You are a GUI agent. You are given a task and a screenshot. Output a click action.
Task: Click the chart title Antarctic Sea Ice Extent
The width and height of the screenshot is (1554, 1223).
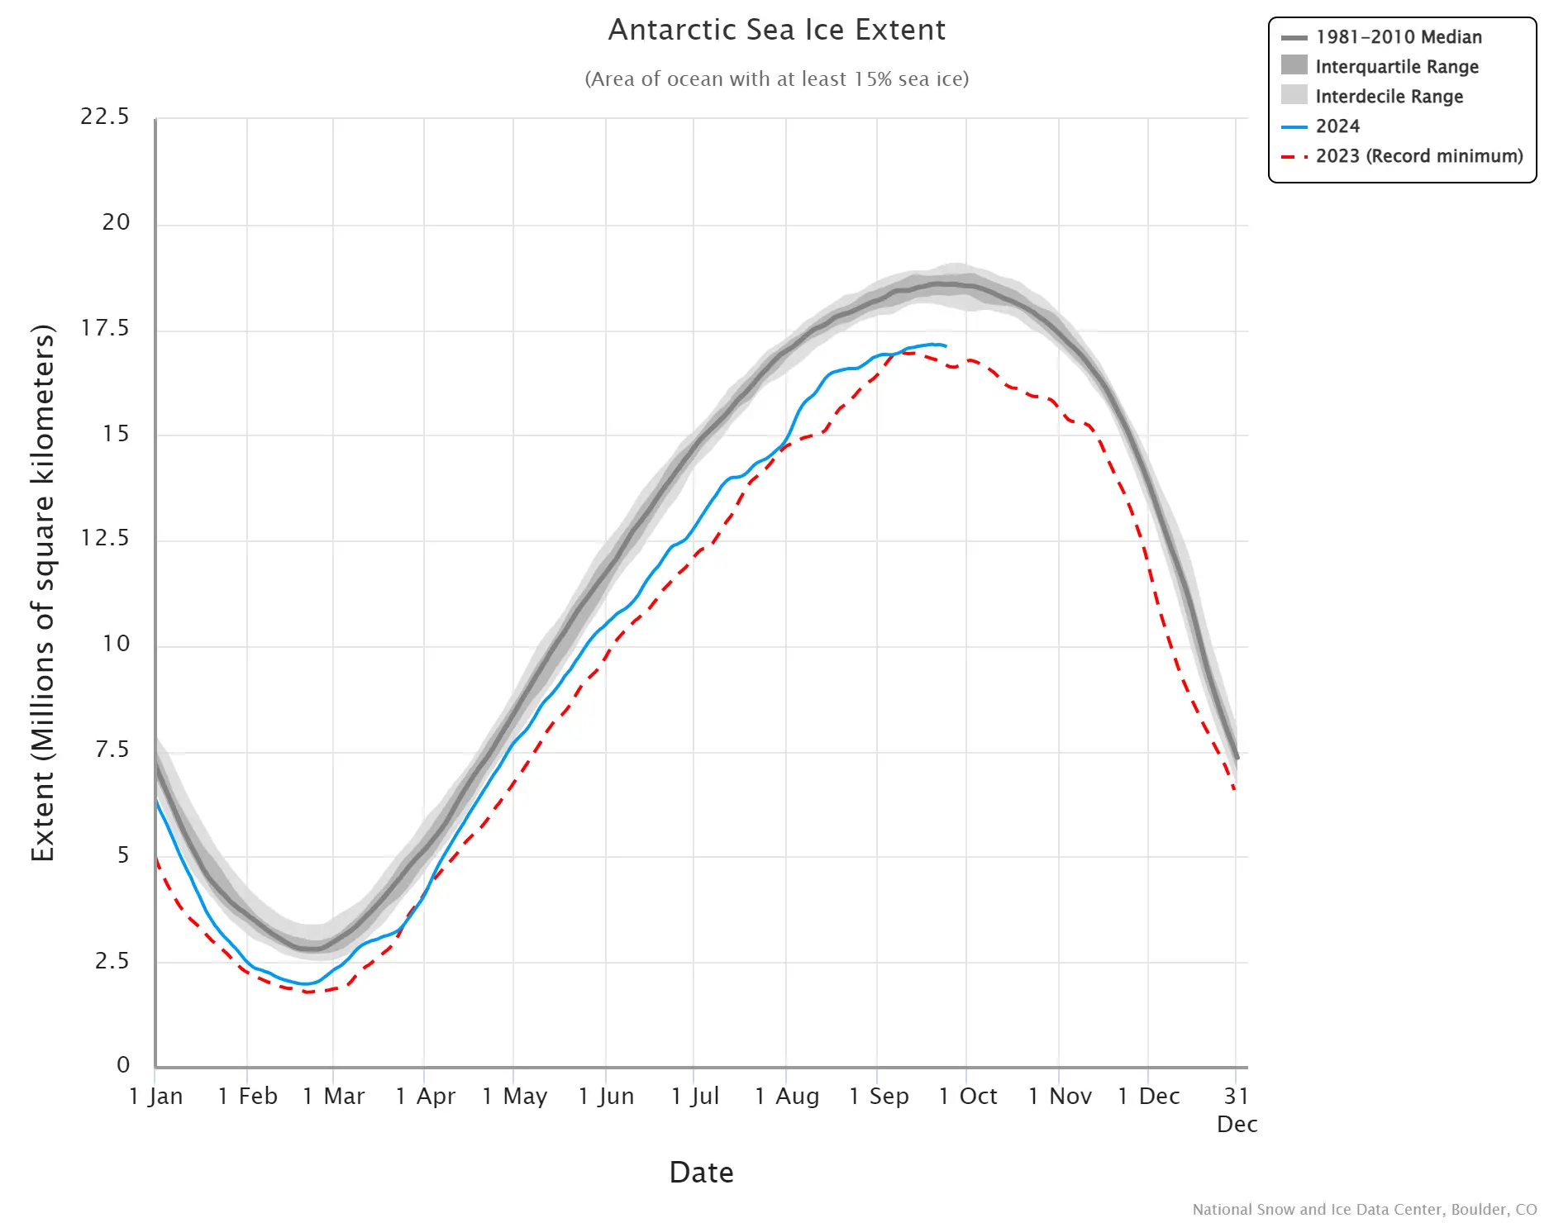click(x=776, y=30)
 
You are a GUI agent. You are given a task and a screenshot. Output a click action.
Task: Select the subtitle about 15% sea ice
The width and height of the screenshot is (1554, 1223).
click(x=776, y=79)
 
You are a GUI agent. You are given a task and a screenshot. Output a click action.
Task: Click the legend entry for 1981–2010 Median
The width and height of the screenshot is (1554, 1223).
click(x=1398, y=37)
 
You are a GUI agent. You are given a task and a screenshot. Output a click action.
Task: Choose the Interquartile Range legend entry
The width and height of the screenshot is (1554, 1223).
click(x=1396, y=67)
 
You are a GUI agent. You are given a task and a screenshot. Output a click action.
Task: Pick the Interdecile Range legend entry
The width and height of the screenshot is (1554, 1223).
click(x=1389, y=97)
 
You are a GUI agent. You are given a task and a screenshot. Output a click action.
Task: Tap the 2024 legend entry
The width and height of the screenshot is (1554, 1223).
click(x=1337, y=126)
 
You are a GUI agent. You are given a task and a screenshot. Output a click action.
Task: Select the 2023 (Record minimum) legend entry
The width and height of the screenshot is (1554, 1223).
click(x=1418, y=156)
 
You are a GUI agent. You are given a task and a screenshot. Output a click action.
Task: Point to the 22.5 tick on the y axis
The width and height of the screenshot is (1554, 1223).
click(x=105, y=117)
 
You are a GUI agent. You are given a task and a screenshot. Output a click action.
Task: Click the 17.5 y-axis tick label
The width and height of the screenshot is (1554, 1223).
click(x=105, y=328)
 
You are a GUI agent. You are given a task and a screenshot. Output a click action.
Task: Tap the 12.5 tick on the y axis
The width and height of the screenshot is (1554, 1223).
click(x=105, y=539)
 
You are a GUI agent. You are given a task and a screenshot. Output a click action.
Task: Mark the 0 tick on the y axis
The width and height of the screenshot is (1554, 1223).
click(x=123, y=1065)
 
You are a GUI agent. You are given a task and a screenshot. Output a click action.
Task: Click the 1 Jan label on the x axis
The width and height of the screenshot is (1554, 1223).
click(x=156, y=1097)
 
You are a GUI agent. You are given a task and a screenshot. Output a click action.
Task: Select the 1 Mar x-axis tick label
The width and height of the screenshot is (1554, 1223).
click(x=333, y=1097)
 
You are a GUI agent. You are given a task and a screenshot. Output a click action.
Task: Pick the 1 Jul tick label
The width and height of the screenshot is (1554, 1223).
click(x=694, y=1097)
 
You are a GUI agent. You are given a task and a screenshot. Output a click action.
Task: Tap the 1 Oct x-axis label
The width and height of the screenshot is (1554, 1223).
click(x=967, y=1097)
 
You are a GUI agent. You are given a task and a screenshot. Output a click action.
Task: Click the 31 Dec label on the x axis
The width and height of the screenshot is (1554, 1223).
click(x=1237, y=1109)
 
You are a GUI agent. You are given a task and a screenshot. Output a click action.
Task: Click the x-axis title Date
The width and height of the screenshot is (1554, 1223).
click(x=701, y=1173)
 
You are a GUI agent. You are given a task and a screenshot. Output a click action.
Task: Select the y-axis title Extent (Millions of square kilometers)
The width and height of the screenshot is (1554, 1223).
click(x=42, y=592)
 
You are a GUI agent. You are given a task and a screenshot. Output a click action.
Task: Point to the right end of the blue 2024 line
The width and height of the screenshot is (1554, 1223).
click(x=946, y=346)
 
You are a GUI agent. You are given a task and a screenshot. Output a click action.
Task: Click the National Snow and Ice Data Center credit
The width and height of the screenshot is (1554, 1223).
click(x=1364, y=1210)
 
